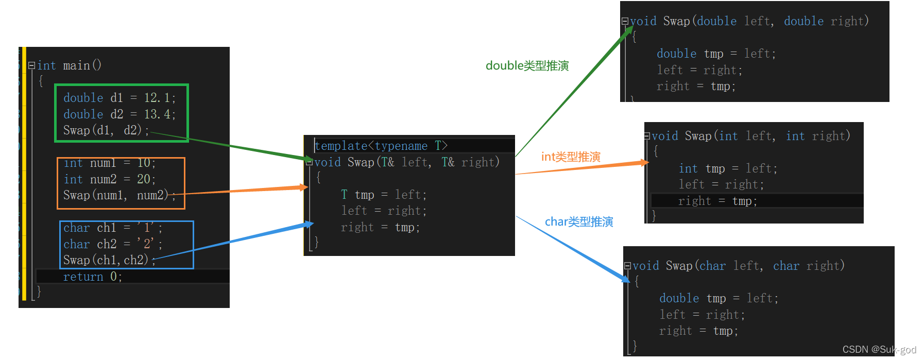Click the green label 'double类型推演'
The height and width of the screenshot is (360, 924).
[x=527, y=66]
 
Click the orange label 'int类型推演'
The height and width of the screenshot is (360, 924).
[x=571, y=157]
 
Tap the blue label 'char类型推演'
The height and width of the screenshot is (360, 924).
[x=579, y=222]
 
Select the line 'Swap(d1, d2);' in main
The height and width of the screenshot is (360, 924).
[x=106, y=130]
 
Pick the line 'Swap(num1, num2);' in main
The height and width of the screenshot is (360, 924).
[x=119, y=195]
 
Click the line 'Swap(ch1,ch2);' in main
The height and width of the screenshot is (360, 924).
[x=109, y=260]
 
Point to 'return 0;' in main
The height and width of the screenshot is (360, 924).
[x=92, y=277]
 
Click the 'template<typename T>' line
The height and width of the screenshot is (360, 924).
[x=381, y=146]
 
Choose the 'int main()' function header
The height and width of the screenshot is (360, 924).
[x=69, y=65]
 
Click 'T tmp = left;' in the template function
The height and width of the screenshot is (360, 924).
[x=384, y=195]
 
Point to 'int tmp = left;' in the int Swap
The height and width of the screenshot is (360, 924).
[x=728, y=168]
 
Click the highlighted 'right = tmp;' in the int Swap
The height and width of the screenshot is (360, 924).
[x=717, y=201]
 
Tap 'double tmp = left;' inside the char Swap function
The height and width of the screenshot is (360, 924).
[x=719, y=298]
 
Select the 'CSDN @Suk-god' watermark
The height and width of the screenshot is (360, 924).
[x=879, y=350]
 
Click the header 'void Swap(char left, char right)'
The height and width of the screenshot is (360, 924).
[x=738, y=266]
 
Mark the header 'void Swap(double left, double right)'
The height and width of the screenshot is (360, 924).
[x=749, y=21]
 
